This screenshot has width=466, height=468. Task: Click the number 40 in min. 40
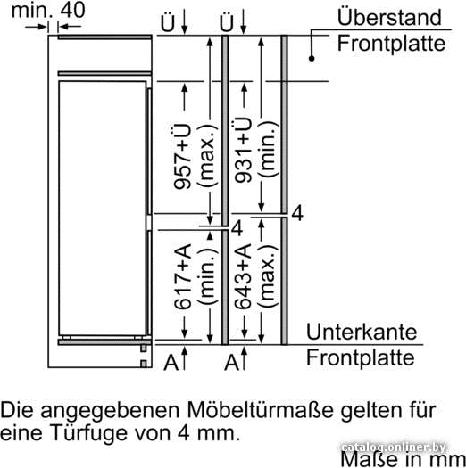tap(73, 10)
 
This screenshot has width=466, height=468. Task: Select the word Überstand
tap(389, 17)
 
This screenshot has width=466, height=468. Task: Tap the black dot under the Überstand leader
tap(312, 59)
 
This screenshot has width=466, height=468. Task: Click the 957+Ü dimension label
tap(182, 156)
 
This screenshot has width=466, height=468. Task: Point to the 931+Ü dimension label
tap(243, 150)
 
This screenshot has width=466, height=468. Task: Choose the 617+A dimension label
tap(182, 276)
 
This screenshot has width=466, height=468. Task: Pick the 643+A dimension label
tap(243, 276)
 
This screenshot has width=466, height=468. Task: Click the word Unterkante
tap(362, 332)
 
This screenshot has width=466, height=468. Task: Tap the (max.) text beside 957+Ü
tap(207, 155)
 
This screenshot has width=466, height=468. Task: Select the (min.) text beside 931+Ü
tap(268, 150)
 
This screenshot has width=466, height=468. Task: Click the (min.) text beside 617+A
tap(207, 276)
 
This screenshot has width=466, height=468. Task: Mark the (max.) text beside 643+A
tap(268, 276)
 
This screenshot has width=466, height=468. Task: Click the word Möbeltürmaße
tap(260, 410)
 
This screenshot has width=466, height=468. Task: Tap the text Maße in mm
tap(404, 459)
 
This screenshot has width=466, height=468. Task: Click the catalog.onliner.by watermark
tap(394, 447)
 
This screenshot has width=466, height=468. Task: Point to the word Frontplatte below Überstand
tap(391, 44)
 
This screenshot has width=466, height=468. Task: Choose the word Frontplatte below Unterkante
tap(361, 357)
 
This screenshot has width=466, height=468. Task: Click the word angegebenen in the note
tap(112, 412)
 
